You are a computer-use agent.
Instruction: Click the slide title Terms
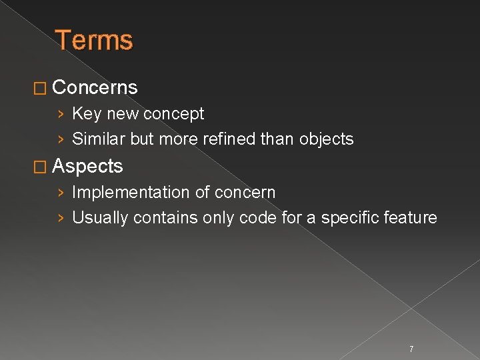pyautogui.click(x=94, y=40)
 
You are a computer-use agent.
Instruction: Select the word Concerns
pyautogui.click(x=95, y=87)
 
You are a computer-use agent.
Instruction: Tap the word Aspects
pyautogui.click(x=87, y=166)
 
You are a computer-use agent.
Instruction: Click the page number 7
pyautogui.click(x=411, y=349)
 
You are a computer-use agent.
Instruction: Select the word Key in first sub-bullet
pyautogui.click(x=83, y=114)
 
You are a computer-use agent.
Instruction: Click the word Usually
pyautogui.click(x=100, y=218)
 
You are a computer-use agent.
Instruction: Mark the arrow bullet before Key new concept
pyautogui.click(x=61, y=115)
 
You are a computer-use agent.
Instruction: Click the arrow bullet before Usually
pyautogui.click(x=61, y=219)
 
